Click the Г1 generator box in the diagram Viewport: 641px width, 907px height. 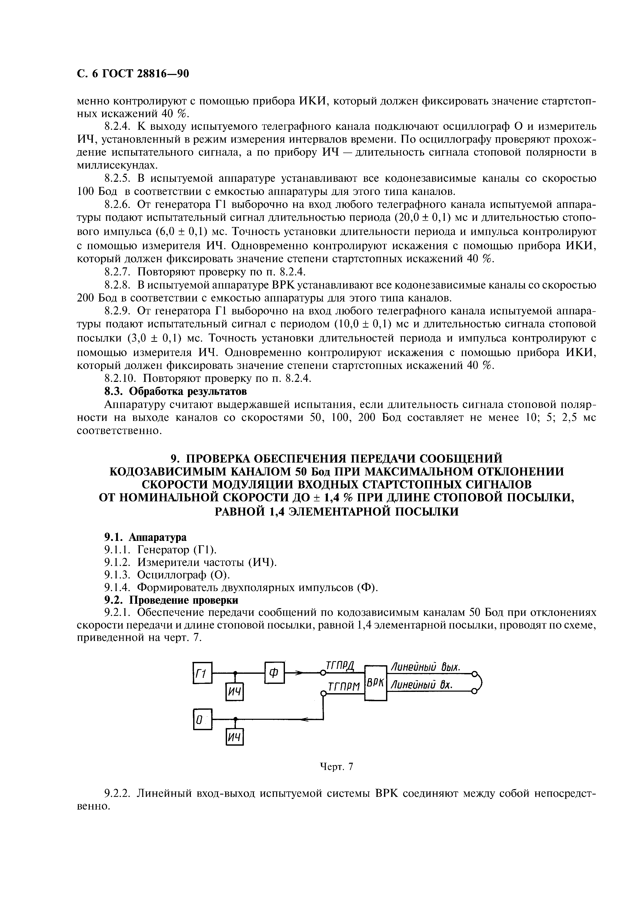coord(202,673)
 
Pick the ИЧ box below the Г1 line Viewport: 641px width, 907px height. coord(235,692)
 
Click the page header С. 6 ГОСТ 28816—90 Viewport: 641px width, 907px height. coord(133,74)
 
